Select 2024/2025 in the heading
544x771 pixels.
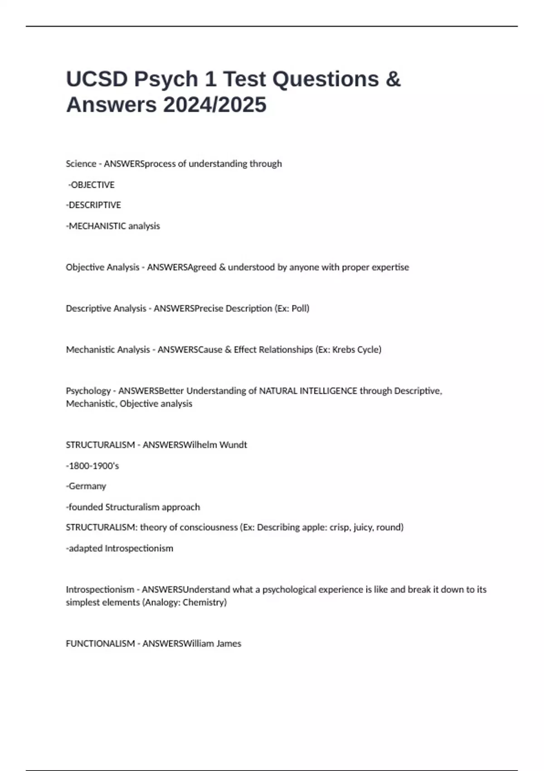[215, 105]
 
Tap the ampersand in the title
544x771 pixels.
[393, 79]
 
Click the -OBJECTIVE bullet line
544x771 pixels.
[91, 185]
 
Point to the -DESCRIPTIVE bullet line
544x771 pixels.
[93, 205]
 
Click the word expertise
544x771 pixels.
[390, 267]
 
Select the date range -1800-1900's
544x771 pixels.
[92, 466]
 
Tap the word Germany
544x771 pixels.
[87, 486]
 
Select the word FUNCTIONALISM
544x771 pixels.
[100, 644]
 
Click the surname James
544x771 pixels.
[228, 644]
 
